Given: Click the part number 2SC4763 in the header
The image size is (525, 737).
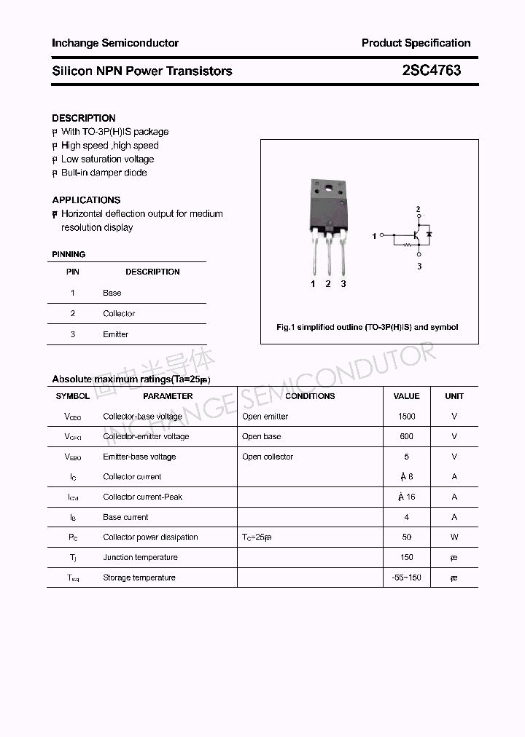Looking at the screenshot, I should point(431,71).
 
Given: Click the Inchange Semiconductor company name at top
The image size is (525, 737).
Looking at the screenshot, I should point(115,43).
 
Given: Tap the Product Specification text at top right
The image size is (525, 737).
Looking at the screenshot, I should point(416,43).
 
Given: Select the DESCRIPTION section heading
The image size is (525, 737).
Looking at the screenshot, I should point(84,118).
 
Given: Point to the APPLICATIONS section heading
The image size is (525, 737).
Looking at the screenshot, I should point(86,200).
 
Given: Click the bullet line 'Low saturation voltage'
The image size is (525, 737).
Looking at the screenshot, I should point(107,159).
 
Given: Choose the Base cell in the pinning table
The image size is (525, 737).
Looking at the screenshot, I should point(112,293).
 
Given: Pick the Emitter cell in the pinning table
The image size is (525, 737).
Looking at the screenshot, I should point(115,334).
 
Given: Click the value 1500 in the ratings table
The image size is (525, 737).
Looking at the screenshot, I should point(406,417).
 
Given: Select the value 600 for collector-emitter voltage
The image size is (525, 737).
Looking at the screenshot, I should point(406,436).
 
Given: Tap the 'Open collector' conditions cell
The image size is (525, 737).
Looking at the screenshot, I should point(268,457).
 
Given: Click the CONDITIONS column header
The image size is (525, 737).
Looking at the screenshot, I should point(310,396).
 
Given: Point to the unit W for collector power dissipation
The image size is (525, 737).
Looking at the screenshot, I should point(454,537).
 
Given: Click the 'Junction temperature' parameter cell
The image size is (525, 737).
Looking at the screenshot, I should point(140,557).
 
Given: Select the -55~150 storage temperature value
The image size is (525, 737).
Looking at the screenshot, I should point(406,578).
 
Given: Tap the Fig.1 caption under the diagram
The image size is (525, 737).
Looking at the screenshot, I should point(367,327).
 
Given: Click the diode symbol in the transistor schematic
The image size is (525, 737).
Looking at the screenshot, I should point(429,234).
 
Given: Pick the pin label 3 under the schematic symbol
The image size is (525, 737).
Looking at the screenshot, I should point(419,267).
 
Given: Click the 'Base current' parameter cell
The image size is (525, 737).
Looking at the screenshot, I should point(125,517).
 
